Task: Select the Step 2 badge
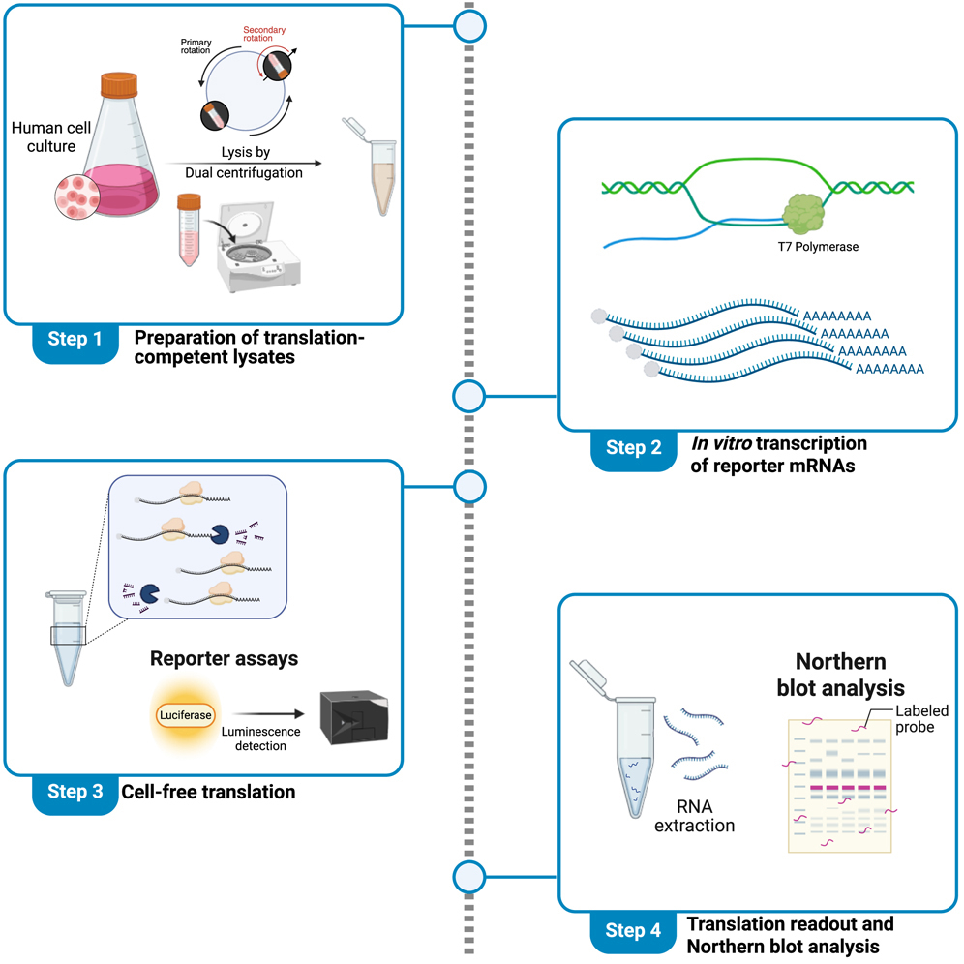pos(634,447)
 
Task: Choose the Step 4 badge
pos(634,931)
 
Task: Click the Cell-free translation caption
pos(208,792)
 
